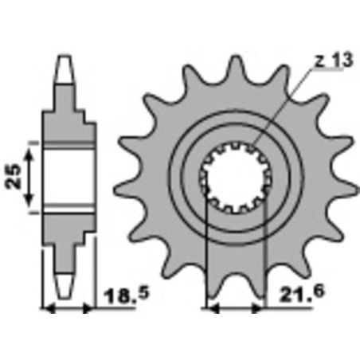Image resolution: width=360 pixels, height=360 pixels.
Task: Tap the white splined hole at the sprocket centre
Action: [x=235, y=184]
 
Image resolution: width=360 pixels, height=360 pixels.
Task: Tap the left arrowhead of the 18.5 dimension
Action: [x=45, y=308]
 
